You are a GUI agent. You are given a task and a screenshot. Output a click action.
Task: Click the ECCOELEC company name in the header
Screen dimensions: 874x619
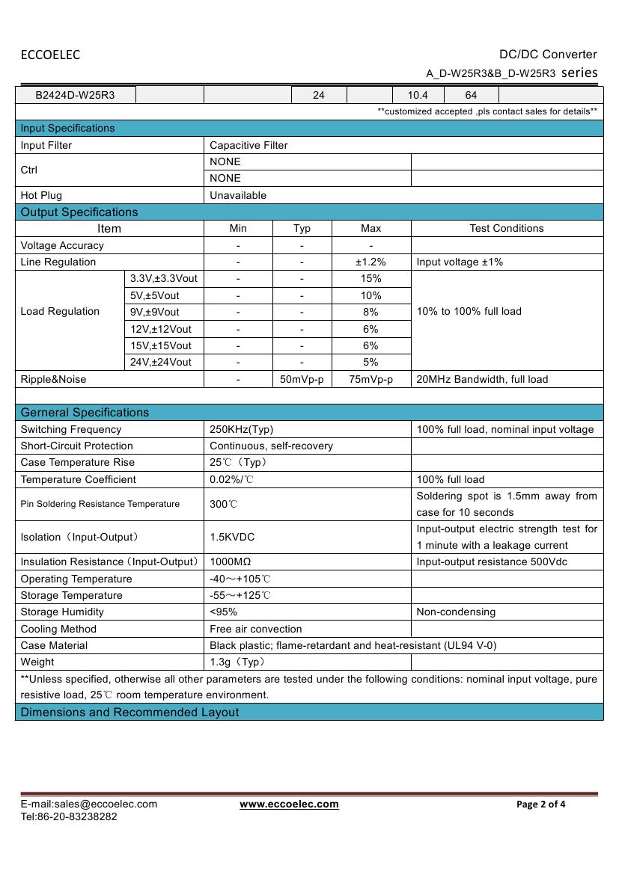point(50,55)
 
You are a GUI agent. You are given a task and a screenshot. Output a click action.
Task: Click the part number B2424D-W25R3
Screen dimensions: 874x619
point(75,96)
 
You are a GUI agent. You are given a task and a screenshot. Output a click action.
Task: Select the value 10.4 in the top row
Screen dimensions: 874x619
point(418,96)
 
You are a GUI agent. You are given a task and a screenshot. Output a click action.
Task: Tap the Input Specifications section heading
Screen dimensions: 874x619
point(68,128)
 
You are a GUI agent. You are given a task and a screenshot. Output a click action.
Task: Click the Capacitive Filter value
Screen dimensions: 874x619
point(248,145)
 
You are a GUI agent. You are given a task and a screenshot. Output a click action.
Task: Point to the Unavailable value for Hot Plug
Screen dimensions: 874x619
point(238,195)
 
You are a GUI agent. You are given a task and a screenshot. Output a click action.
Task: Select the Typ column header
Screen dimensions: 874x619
point(302,229)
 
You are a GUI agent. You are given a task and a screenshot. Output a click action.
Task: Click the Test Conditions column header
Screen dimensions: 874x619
point(507,229)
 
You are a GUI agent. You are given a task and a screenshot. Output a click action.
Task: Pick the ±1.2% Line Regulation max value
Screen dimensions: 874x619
point(371,262)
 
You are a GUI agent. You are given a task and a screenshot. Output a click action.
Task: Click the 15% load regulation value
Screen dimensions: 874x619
point(371,278)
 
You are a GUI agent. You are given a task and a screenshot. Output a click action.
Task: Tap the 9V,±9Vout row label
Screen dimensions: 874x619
point(155,312)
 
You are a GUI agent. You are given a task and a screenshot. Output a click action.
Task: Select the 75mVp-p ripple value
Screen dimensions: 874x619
point(371,379)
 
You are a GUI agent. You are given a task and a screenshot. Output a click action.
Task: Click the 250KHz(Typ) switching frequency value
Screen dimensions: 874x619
point(242,429)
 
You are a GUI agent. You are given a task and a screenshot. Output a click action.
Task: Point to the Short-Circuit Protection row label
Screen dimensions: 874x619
point(67,446)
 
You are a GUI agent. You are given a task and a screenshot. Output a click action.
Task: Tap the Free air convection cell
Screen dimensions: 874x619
point(256,629)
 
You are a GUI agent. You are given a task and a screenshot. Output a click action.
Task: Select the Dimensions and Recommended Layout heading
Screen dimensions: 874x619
point(130,713)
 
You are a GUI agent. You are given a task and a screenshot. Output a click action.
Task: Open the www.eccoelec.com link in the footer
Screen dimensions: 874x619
point(289,804)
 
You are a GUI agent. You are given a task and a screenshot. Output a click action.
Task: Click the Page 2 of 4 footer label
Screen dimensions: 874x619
point(541,804)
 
